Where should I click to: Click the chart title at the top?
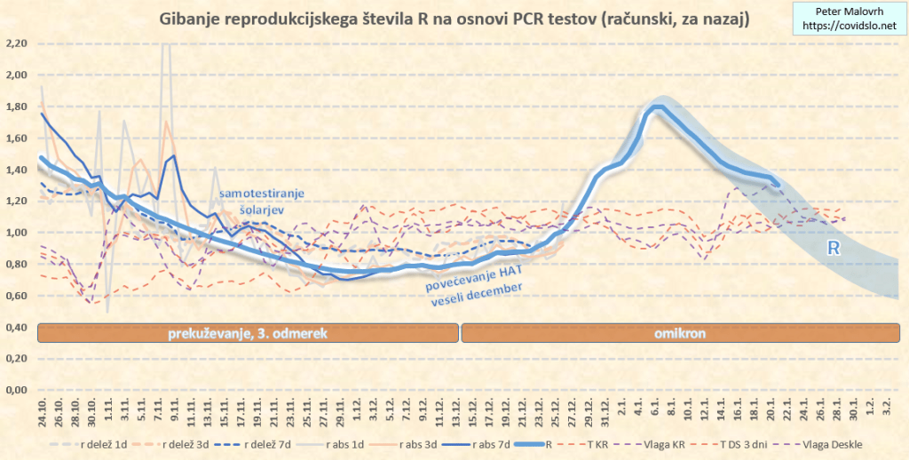pyautogui.click(x=454, y=19)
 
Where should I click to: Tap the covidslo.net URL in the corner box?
pyautogui.click(x=847, y=27)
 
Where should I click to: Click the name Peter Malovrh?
pyautogui.click(x=847, y=12)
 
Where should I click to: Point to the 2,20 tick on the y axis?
pyautogui.click(x=16, y=44)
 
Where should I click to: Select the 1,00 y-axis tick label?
pyautogui.click(x=16, y=233)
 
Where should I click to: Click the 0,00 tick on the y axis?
pyautogui.click(x=16, y=390)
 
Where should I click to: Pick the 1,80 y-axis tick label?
pyautogui.click(x=16, y=107)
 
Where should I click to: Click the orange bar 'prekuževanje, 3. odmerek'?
pyautogui.click(x=249, y=333)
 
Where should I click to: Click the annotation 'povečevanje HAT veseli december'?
pyautogui.click(x=470, y=290)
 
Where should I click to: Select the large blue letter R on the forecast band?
pyautogui.click(x=834, y=249)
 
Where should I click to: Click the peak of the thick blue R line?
pyautogui.click(x=657, y=107)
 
